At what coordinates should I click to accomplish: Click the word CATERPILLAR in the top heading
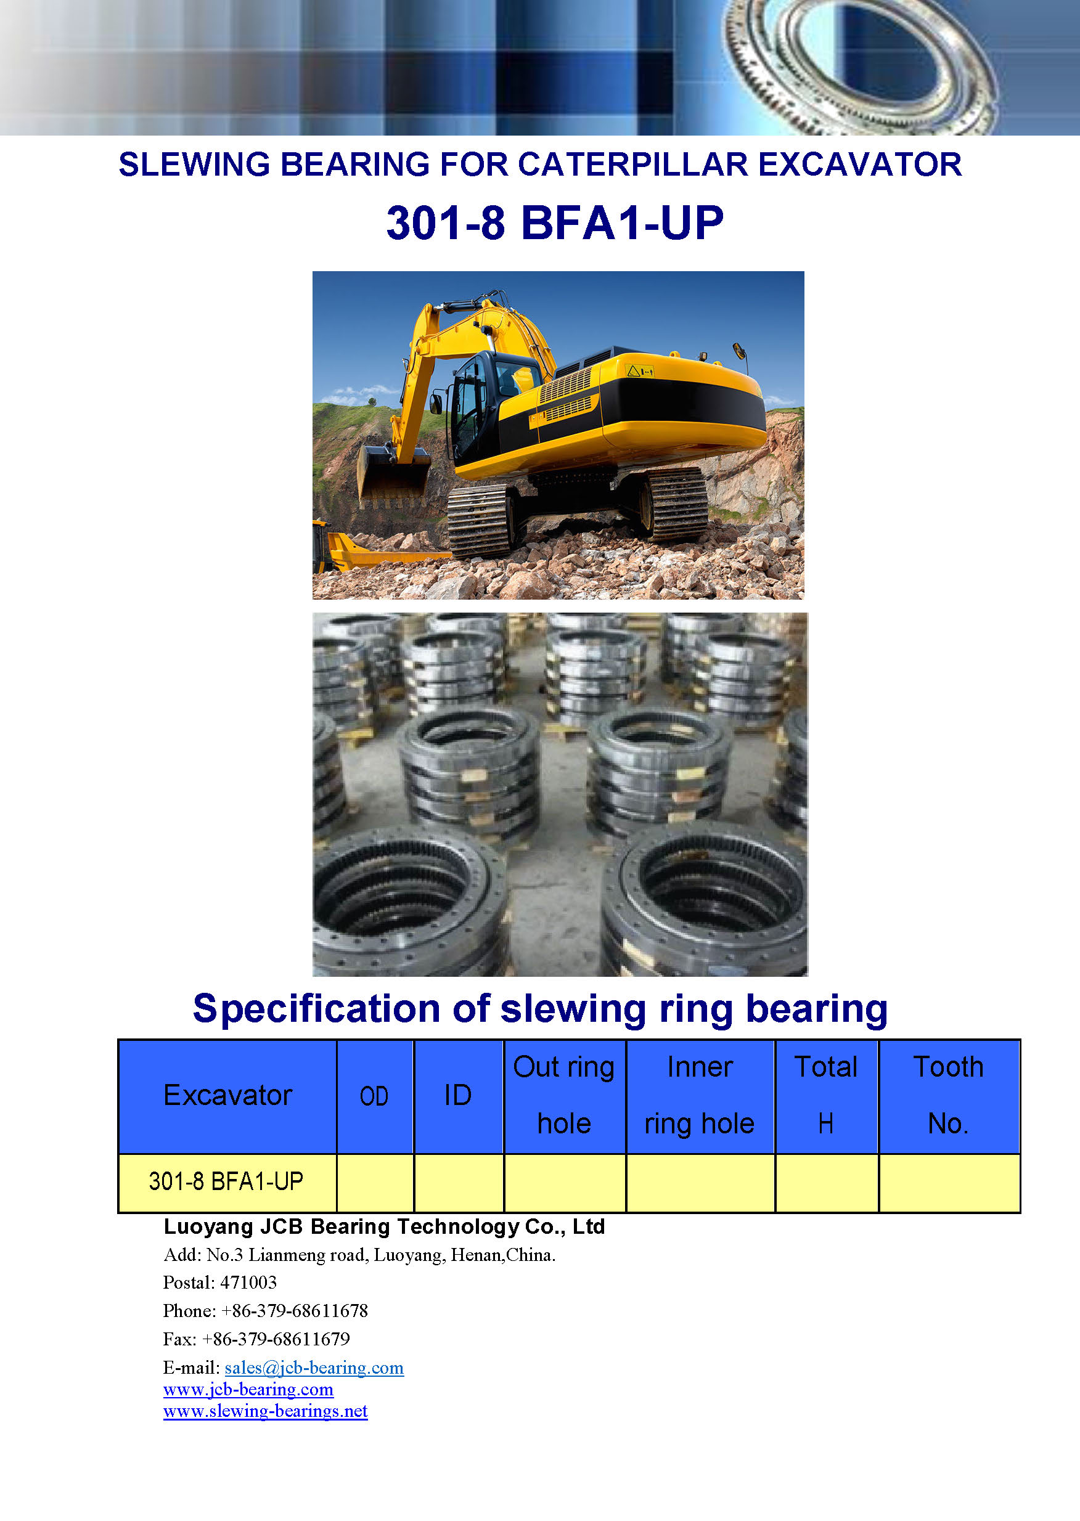coord(633,164)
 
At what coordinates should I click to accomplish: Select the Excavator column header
coord(227,1095)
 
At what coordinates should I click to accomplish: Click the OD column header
coord(374,1096)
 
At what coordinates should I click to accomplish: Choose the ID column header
coord(457,1095)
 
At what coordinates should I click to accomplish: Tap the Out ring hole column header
coord(564,1095)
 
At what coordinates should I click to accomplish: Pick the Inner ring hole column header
coord(700,1095)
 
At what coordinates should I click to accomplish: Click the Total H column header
coord(826,1095)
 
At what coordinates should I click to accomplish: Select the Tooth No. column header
coord(948,1095)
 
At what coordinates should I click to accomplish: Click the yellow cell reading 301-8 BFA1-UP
coord(227,1181)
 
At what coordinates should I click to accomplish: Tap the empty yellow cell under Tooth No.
coord(949,1183)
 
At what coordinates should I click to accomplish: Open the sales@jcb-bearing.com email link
coord(314,1368)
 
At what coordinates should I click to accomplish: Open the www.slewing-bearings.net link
coord(265,1411)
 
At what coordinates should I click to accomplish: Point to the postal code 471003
coord(248,1282)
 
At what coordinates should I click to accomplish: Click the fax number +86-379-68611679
coord(276,1339)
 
